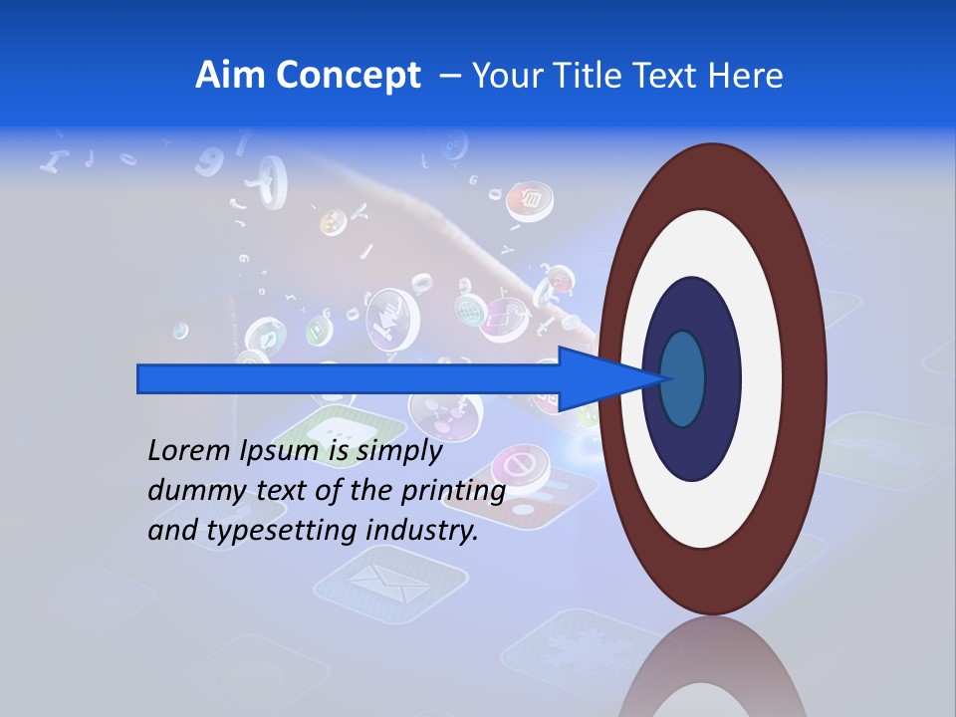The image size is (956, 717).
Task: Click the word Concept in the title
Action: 348,76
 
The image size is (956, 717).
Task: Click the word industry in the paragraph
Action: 422,531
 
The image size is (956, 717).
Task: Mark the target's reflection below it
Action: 712,672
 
